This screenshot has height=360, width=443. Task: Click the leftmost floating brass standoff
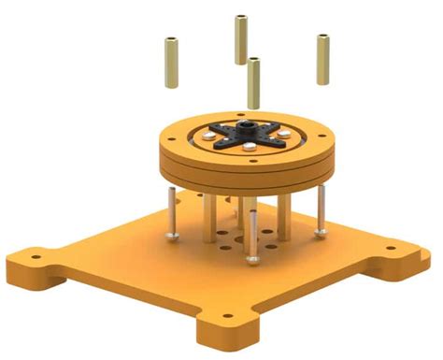pos(173,62)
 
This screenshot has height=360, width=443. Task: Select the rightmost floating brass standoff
pos(323,59)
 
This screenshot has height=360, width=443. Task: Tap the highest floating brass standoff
pos(240,39)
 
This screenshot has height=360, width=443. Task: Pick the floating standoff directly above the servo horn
pos(253,82)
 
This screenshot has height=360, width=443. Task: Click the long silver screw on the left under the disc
pos(172,211)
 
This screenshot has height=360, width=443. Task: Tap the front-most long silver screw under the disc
pos(252,235)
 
